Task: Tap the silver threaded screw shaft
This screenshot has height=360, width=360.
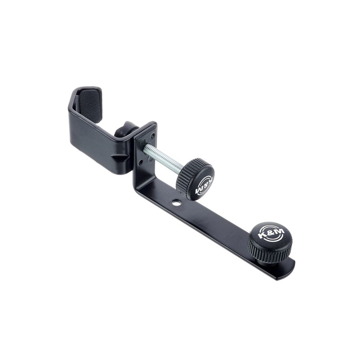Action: coord(163,158)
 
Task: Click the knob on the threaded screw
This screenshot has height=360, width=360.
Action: coord(195,179)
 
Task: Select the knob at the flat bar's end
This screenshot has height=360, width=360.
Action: coord(270,243)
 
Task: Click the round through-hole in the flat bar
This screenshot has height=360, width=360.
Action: coord(176,203)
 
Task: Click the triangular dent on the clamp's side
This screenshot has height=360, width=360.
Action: coord(120,158)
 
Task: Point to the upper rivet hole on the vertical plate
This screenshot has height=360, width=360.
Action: coord(152,136)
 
